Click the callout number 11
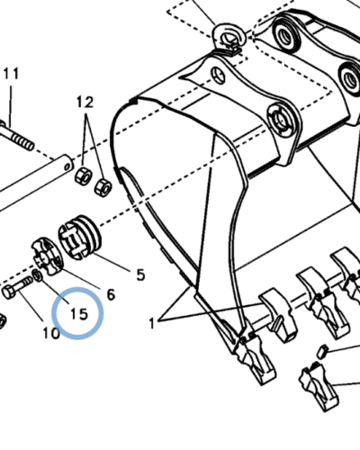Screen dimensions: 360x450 (x=12, y=74)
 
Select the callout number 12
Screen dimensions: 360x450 (x=85, y=103)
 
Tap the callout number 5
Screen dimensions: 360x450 (x=140, y=274)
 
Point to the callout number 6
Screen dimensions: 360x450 (x=111, y=295)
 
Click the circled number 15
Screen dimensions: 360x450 (x=79, y=314)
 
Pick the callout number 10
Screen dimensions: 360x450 (x=51, y=333)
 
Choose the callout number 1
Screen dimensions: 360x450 (x=152, y=323)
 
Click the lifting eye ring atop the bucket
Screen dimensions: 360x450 (x=229, y=37)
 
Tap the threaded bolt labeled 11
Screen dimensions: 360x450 (x=15, y=137)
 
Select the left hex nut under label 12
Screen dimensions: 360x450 (x=84, y=176)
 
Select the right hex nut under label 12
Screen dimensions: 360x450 (x=103, y=187)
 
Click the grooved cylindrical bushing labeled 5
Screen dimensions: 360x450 (x=80, y=238)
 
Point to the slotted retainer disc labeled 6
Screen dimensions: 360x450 (x=48, y=256)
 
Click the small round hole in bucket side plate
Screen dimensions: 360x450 (x=218, y=75)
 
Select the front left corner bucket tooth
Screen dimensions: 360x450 (x=256, y=359)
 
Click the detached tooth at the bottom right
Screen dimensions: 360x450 (x=319, y=386)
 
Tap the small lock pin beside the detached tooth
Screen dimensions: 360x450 (x=323, y=351)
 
